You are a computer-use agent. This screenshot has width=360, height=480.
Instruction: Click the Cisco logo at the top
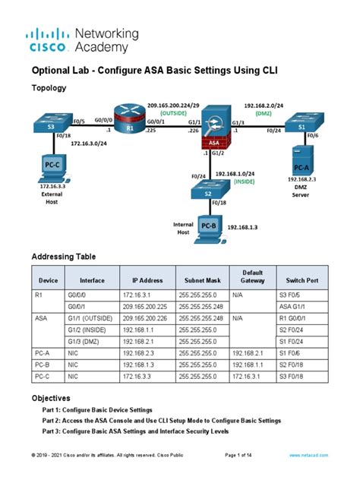pos(50,40)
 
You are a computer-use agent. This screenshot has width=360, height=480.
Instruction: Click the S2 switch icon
pos(207,191)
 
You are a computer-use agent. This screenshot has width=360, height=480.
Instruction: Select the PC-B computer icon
pos(207,226)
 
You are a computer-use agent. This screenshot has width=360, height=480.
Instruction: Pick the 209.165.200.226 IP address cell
pos(147,320)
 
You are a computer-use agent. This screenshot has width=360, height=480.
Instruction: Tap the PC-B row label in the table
pos(42,365)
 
